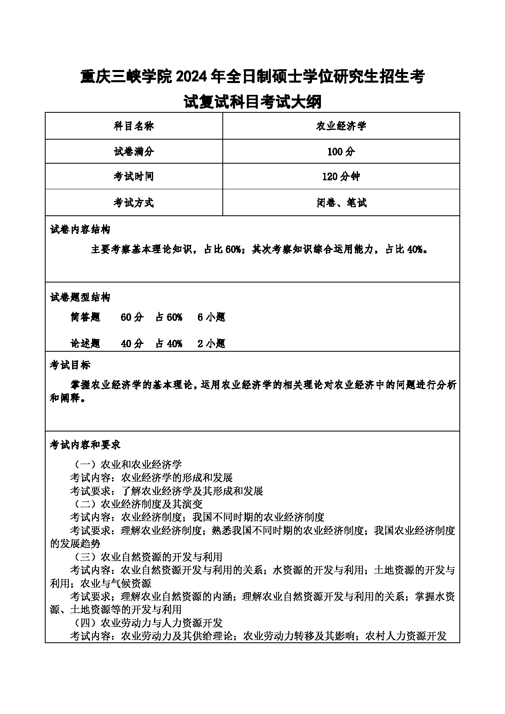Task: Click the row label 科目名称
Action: (x=134, y=126)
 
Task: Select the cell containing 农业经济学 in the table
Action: (x=341, y=126)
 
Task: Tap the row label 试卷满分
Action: (x=134, y=152)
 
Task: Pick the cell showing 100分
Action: (x=341, y=152)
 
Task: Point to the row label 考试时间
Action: (x=134, y=177)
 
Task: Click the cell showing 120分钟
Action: (x=341, y=177)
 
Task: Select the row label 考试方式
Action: (x=134, y=203)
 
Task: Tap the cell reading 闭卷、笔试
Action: (x=341, y=203)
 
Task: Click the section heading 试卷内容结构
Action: (x=80, y=230)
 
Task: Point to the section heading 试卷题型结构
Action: (x=80, y=298)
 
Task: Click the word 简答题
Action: (x=85, y=318)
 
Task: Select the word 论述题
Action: (x=85, y=344)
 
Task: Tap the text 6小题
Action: (x=211, y=318)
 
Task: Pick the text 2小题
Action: (x=211, y=344)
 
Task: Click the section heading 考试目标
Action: (x=70, y=365)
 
